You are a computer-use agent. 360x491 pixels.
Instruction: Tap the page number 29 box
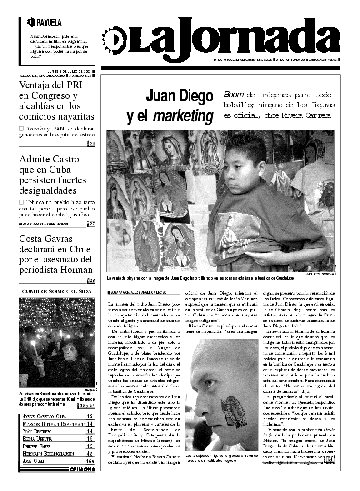[92, 144]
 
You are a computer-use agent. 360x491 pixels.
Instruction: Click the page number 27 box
[92, 224]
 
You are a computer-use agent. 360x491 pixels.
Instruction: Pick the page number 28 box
[92, 281]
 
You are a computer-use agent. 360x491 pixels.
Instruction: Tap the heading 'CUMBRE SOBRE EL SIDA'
[57, 291]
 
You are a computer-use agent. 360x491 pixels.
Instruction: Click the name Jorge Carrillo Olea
[51, 416]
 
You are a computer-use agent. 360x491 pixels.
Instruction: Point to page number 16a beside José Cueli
[90, 461]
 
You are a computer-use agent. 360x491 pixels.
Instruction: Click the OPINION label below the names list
[82, 469]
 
